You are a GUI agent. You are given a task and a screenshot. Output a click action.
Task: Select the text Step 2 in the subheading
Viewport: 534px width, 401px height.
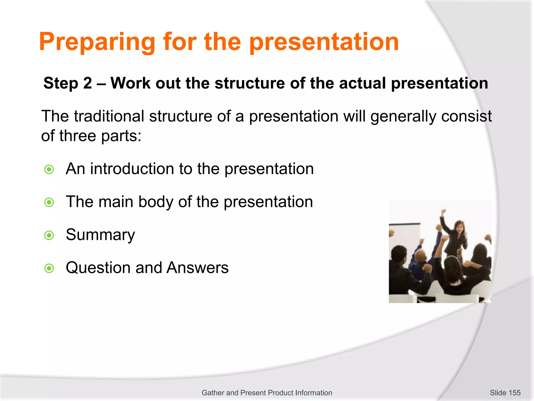(x=68, y=83)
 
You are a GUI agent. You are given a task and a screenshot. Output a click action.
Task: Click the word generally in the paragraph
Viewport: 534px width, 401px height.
(x=403, y=116)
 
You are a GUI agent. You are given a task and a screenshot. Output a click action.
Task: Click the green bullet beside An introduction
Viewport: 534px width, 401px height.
(x=49, y=169)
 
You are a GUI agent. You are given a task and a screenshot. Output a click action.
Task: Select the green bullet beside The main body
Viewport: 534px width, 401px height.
(x=49, y=202)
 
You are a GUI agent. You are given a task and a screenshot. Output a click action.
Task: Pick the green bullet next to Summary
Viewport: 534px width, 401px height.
(x=49, y=235)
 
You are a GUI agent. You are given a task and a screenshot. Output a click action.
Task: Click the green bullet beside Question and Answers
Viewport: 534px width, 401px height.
(x=49, y=268)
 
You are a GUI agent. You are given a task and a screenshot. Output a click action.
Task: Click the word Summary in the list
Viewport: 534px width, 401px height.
(x=100, y=235)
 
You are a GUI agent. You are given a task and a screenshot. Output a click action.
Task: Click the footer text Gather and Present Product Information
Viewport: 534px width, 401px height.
(x=267, y=393)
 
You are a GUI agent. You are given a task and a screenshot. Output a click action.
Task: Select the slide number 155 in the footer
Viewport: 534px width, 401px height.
(x=514, y=393)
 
